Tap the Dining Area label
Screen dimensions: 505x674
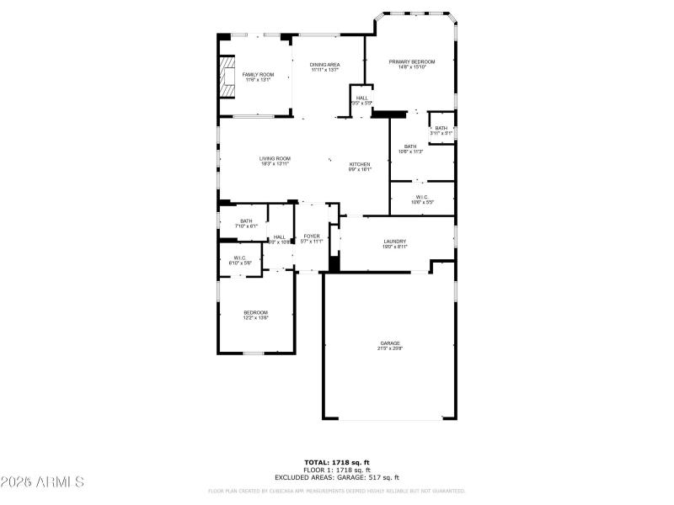(324, 65)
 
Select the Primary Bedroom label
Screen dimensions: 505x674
(411, 61)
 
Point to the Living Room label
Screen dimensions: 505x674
(275, 158)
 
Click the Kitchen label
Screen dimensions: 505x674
(360, 164)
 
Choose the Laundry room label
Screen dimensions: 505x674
(395, 242)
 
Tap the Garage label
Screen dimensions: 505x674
(389, 343)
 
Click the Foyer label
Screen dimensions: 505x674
(312, 236)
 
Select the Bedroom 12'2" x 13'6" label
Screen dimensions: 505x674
(256, 312)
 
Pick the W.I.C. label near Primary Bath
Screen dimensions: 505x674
(421, 197)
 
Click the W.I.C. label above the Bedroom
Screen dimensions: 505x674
(239, 258)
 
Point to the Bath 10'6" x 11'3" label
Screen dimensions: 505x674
(409, 146)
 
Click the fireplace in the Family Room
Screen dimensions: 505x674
(227, 76)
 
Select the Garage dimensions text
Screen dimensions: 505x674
(389, 348)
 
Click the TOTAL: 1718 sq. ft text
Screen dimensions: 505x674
(337, 461)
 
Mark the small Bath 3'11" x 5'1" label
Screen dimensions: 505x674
(441, 128)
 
